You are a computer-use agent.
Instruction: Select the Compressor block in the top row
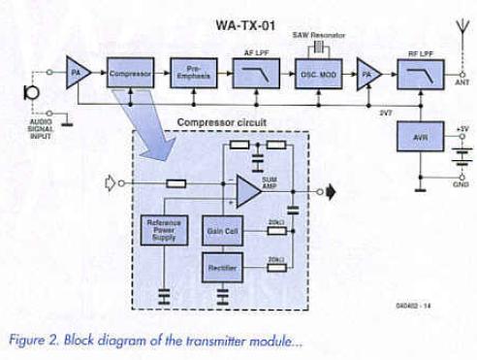click(x=129, y=74)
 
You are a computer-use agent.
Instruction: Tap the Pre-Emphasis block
click(x=194, y=74)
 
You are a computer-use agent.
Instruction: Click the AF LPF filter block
click(x=254, y=74)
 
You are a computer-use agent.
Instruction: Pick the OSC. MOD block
click(x=315, y=74)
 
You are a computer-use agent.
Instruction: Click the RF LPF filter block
click(x=419, y=74)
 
